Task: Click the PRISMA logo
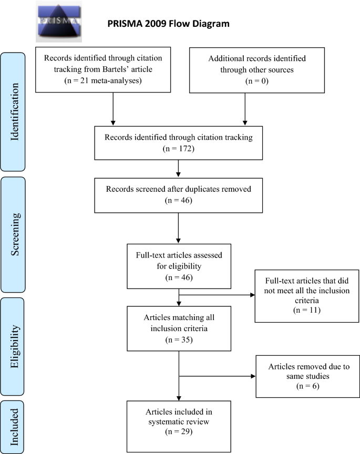(59, 22)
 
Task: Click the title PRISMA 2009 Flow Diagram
(168, 24)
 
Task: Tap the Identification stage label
(14, 112)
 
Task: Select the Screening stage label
(15, 234)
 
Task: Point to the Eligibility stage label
(15, 346)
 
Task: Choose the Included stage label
(14, 427)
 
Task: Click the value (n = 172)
(178, 149)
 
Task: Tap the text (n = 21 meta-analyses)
(103, 80)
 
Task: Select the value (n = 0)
(257, 81)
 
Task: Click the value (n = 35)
(179, 339)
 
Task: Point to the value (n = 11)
(307, 310)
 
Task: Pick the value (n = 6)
(307, 386)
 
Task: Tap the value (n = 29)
(179, 431)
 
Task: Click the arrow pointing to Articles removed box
(217, 376)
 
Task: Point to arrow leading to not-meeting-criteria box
(217, 295)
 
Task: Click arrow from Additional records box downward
(245, 109)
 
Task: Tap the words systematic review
(179, 422)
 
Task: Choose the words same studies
(308, 376)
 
